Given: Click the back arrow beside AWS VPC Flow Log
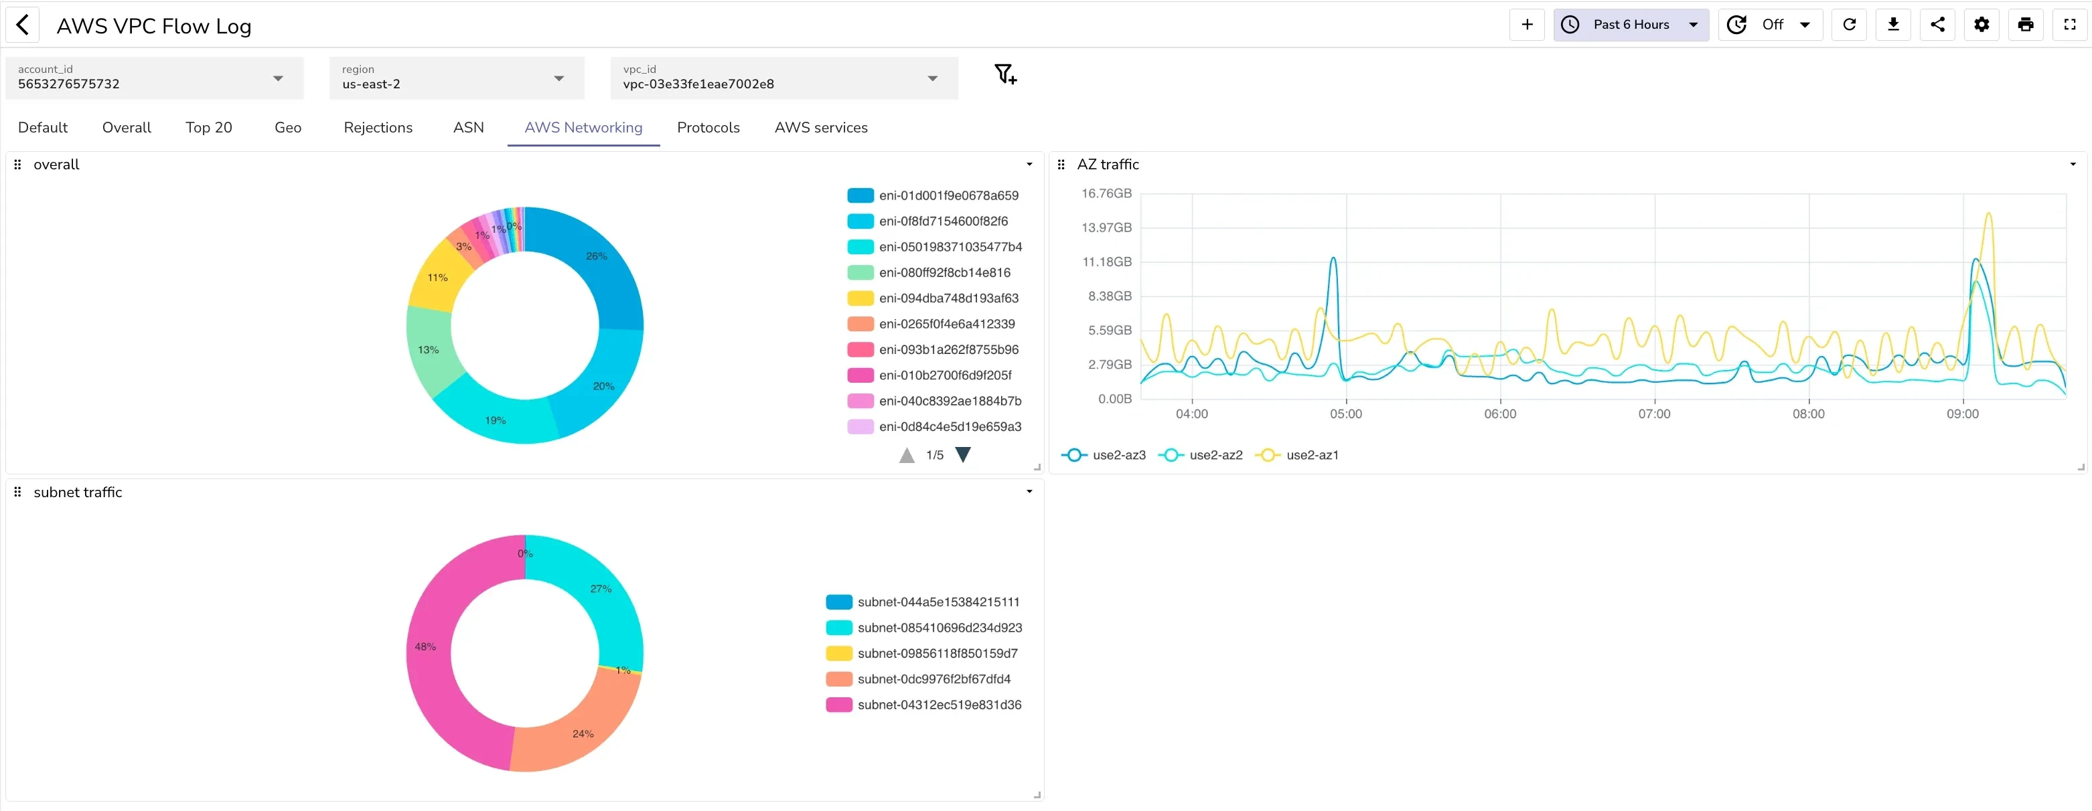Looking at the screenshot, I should coord(23,25).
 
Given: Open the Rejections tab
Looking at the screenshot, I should coord(378,127).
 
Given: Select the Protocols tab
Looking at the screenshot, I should coord(707,127).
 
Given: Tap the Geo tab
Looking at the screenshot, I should coord(287,127).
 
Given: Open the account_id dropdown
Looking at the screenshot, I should coord(153,78).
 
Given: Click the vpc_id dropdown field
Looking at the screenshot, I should coord(783,78).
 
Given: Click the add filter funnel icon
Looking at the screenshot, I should coord(1004,75).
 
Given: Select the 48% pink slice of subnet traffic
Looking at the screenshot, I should coord(431,650).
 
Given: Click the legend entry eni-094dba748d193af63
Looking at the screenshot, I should coord(948,298).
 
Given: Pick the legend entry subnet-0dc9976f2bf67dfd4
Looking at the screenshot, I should coord(933,679).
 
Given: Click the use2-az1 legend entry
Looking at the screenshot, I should coord(1311,454).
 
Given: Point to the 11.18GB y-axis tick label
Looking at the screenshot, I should coord(1106,262).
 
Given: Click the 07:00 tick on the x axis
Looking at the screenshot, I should coord(1653,414).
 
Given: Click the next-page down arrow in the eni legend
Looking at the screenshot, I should coord(962,454).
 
